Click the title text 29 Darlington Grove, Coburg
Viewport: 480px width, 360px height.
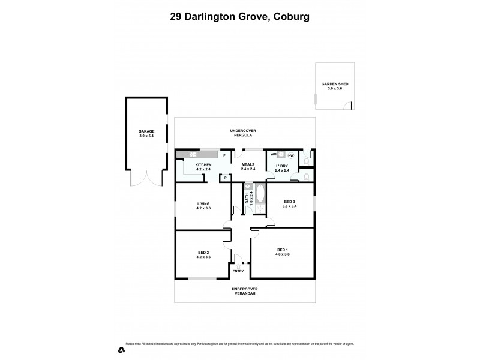pyautogui.click(x=239, y=17)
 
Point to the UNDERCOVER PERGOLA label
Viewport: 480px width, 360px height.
pyautogui.click(x=244, y=133)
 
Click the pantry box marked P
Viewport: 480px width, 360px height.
pyautogui.click(x=226, y=177)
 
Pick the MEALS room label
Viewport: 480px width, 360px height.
pyautogui.click(x=248, y=166)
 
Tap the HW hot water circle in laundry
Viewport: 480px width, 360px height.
pyautogui.click(x=290, y=155)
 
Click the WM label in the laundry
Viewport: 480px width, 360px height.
pyautogui.click(x=272, y=155)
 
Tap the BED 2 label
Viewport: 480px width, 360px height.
pyautogui.click(x=203, y=253)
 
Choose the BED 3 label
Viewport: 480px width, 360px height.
pyautogui.click(x=290, y=202)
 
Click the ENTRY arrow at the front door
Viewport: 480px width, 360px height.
pyautogui.click(x=239, y=266)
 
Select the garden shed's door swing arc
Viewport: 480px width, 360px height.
pyautogui.click(x=346, y=106)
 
